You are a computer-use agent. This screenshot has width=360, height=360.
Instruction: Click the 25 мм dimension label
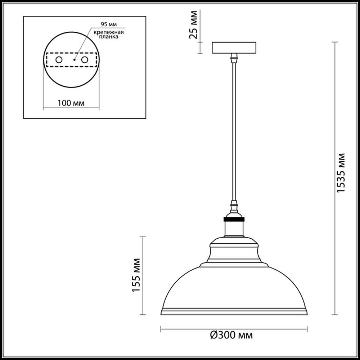click(x=193, y=25)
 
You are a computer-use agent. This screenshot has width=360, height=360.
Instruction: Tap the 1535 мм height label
click(x=340, y=173)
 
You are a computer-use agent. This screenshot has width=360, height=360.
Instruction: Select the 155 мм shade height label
click(x=136, y=275)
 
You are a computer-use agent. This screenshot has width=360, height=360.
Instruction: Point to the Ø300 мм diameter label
click(x=231, y=336)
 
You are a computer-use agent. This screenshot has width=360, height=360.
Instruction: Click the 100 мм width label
click(x=71, y=103)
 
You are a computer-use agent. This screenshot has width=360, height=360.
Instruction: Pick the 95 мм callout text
click(x=109, y=24)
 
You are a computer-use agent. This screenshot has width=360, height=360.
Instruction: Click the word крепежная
click(x=109, y=32)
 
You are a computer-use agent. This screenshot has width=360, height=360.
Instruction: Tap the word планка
click(x=109, y=37)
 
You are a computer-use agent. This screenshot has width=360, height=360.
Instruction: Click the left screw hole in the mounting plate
click(x=59, y=60)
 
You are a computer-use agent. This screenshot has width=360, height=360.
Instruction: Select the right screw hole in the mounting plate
click(x=85, y=60)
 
